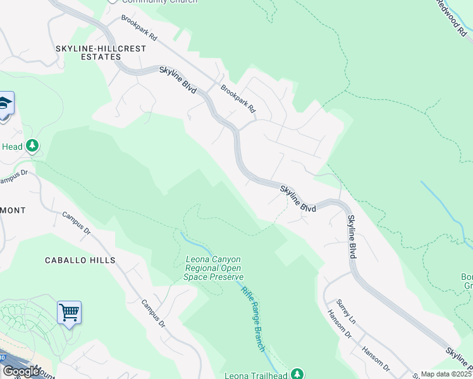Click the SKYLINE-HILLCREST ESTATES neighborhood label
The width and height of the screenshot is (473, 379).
pos(101,52)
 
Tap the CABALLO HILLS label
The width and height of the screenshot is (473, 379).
pos(80,260)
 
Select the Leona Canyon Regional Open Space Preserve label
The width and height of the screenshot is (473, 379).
pos(214,268)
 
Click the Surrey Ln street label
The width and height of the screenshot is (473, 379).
pos(346,312)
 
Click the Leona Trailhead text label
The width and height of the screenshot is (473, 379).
pos(256,375)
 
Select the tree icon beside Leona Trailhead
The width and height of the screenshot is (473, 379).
pos(297,374)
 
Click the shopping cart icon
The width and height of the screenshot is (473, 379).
pos(69,312)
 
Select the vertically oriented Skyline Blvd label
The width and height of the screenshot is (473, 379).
pos(352,236)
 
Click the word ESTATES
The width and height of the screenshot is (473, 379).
pos(101,57)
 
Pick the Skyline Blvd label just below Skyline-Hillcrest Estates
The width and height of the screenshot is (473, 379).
pos(178,81)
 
